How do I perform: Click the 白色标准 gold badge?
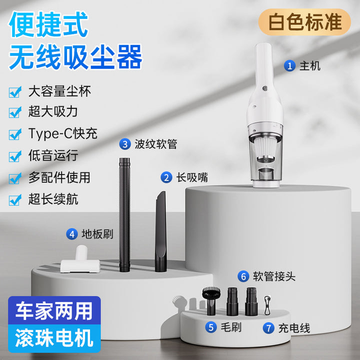304,22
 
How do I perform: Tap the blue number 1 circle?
289,66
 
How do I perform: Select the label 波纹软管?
155,144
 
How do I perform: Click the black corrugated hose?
124,214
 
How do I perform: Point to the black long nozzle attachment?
160,231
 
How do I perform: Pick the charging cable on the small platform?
267,305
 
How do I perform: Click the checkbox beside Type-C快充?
15,134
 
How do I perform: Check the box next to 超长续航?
15,199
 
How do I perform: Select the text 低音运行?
53,155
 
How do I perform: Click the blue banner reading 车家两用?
54,310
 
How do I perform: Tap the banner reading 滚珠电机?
54,338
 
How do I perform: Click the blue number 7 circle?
268,328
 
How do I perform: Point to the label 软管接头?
274,276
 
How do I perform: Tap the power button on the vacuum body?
265,88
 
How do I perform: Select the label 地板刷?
97,234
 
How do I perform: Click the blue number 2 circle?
166,177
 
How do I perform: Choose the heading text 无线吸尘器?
76,57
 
